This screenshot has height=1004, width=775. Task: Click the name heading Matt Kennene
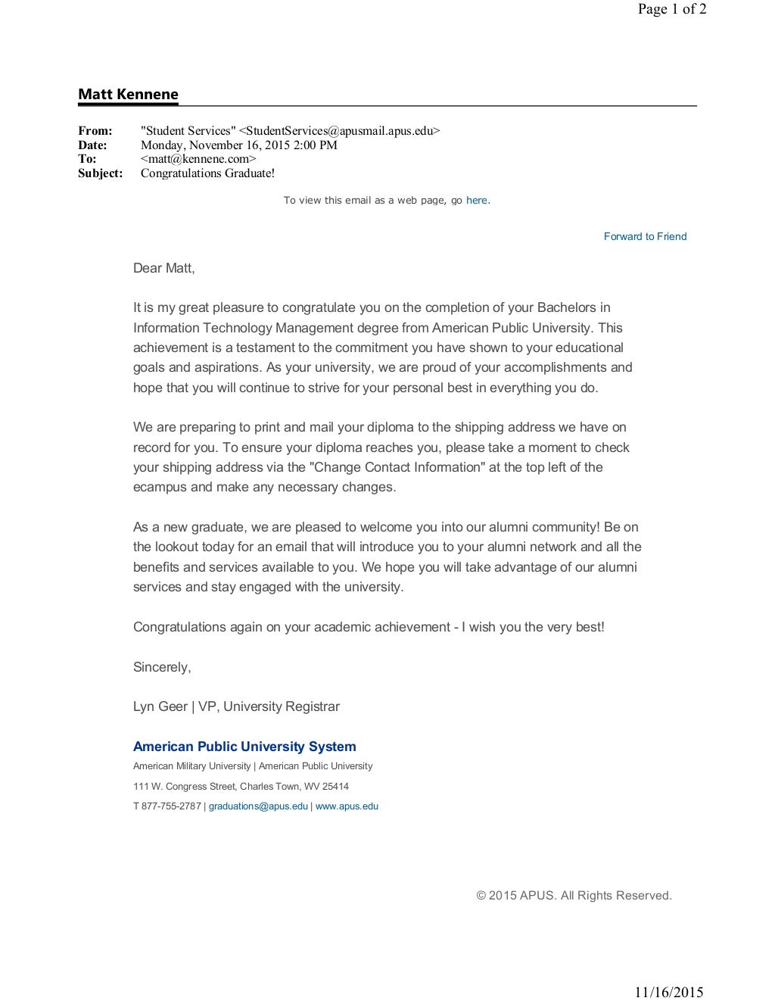(128, 95)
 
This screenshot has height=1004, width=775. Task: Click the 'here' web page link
(476, 201)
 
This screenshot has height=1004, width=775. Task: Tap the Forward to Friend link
(645, 237)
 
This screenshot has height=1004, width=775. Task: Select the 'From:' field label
(95, 131)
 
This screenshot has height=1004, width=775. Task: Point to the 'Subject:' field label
(100, 173)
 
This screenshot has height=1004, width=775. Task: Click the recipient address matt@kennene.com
(198, 159)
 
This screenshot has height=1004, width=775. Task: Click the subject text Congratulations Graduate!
(207, 173)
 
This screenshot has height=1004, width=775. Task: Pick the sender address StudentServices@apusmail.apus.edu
(339, 131)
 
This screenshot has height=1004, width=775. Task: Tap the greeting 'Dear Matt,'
(163, 268)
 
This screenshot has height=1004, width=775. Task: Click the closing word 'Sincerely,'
(162, 667)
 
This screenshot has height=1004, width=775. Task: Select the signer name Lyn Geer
(160, 706)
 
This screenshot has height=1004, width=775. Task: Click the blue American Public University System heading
(244, 747)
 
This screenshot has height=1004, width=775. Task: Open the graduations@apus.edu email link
(258, 806)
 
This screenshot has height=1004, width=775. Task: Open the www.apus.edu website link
(347, 806)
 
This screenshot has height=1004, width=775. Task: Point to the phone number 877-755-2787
(171, 806)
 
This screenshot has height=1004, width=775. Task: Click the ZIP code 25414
(335, 787)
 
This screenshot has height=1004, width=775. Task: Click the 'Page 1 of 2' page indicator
(672, 9)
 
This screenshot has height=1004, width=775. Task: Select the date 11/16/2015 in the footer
(668, 993)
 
